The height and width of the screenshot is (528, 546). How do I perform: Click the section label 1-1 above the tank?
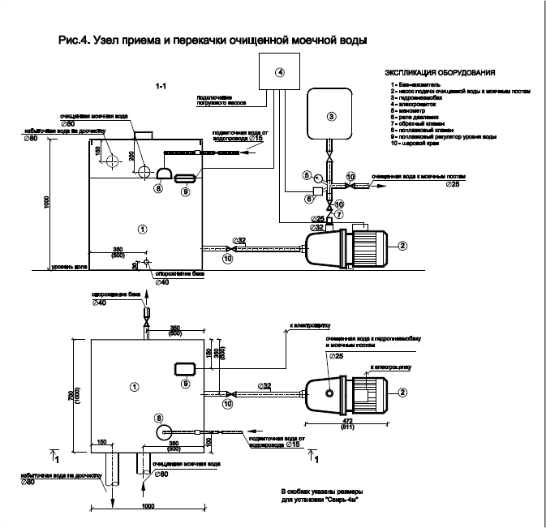[161, 84]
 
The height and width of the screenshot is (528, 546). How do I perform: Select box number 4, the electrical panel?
[279, 71]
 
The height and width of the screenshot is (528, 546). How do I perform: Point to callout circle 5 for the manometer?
[307, 174]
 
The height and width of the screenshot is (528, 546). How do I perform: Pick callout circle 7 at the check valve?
[340, 213]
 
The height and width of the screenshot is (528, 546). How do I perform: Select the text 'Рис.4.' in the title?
[75, 39]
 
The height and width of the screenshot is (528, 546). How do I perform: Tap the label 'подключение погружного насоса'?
[218, 100]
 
